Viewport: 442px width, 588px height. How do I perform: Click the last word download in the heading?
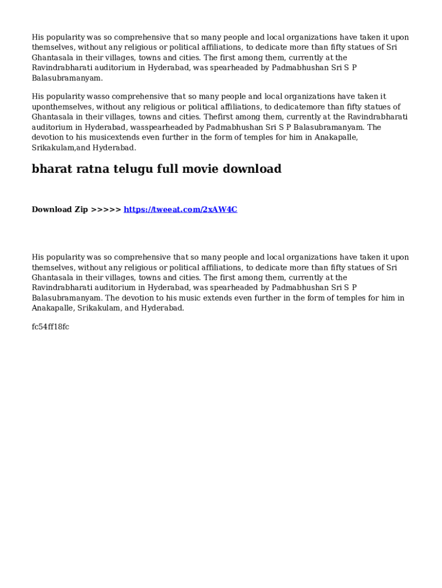tap(252, 169)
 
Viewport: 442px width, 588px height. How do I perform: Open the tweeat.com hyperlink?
tap(180, 210)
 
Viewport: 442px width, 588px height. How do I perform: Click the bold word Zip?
tap(80, 210)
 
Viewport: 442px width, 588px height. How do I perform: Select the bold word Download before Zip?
tap(52, 210)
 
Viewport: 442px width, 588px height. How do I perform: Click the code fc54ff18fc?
tap(51, 327)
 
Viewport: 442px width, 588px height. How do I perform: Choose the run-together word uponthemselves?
tap(59, 107)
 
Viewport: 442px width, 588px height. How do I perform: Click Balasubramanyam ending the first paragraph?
tap(67, 78)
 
